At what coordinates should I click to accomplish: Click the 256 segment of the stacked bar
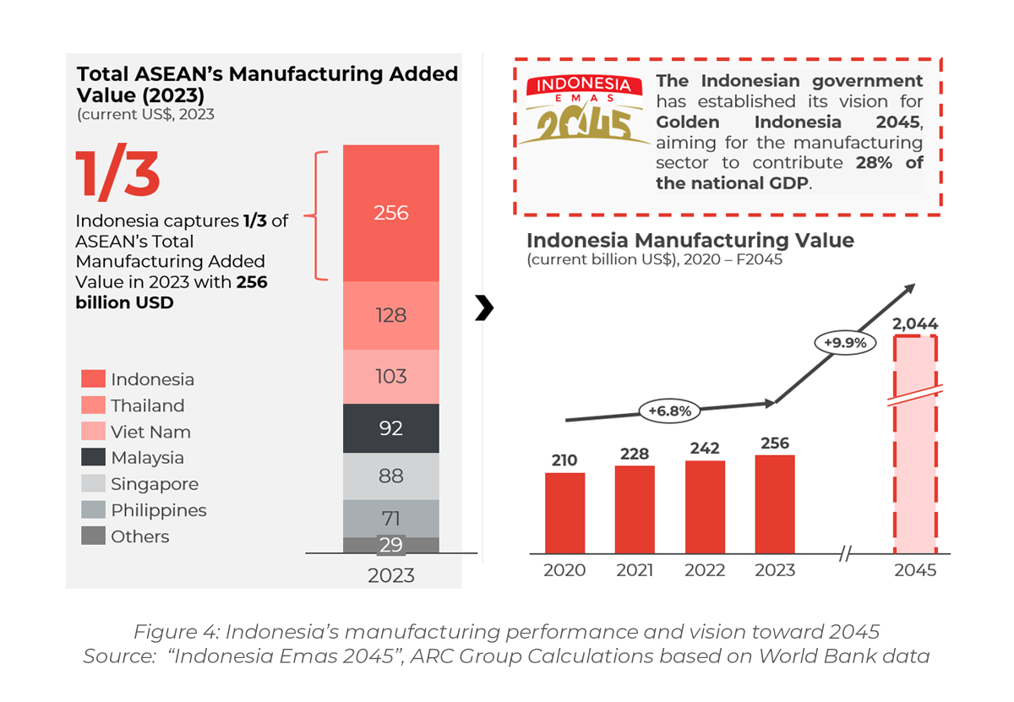pos(390,213)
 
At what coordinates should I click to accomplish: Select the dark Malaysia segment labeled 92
pos(390,428)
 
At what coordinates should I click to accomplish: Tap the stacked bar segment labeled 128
pos(390,315)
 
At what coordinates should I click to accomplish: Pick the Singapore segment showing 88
pos(390,476)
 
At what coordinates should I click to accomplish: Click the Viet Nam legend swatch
pos(94,432)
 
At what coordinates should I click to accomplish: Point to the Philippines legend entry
pos(144,510)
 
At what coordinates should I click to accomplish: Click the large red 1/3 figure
pos(117,176)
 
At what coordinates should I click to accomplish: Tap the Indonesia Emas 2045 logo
pos(580,110)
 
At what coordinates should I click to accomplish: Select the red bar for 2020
pos(565,513)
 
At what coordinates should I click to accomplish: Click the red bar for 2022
pos(705,507)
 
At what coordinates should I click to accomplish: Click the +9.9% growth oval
pos(845,343)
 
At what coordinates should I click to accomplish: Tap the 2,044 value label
pos(915,324)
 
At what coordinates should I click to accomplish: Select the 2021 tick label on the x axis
pos(635,570)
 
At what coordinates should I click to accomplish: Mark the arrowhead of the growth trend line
pos(908,288)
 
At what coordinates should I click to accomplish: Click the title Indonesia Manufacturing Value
pos(690,241)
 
